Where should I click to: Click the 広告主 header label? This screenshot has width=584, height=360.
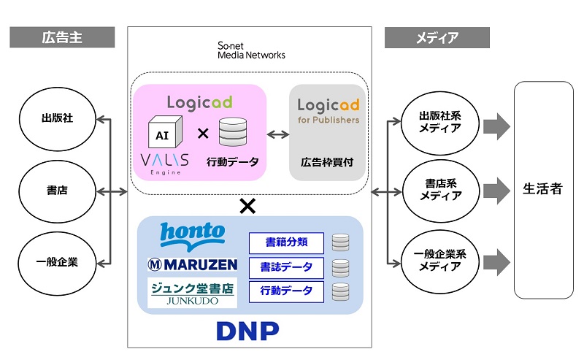pyautogui.click(x=62, y=37)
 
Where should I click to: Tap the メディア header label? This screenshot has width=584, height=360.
pyautogui.click(x=437, y=37)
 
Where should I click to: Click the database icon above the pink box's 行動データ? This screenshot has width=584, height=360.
pyautogui.click(x=234, y=131)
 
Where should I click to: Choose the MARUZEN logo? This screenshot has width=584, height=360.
pyautogui.click(x=191, y=264)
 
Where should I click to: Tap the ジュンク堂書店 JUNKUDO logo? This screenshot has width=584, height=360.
pyautogui.click(x=192, y=292)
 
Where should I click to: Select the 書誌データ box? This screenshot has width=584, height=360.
pyautogui.click(x=286, y=267)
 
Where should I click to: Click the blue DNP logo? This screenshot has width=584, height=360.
pyautogui.click(x=248, y=330)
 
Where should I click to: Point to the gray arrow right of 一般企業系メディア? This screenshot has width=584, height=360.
pyautogui.click(x=496, y=261)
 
